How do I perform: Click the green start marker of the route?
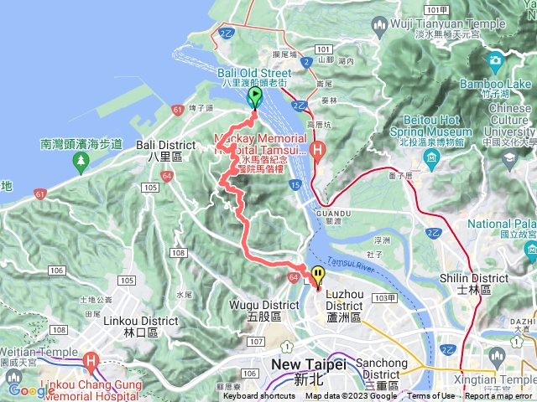tap(254, 97)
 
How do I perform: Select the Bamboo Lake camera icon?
tap(494, 59)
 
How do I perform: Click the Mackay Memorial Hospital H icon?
tap(316, 151)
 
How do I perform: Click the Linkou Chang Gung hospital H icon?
tap(90, 361)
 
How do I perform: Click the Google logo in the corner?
tap(32, 389)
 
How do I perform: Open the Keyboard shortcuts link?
tap(258, 396)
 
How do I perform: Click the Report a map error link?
tap(499, 396)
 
